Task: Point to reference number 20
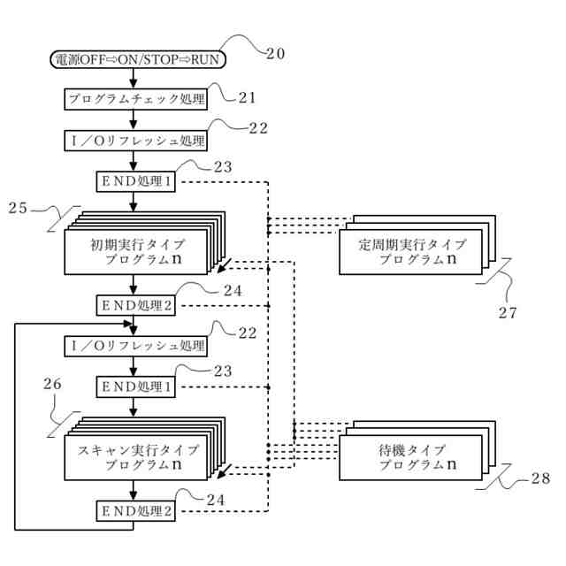[275, 53]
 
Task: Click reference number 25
[19, 209]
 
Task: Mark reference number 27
[507, 311]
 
